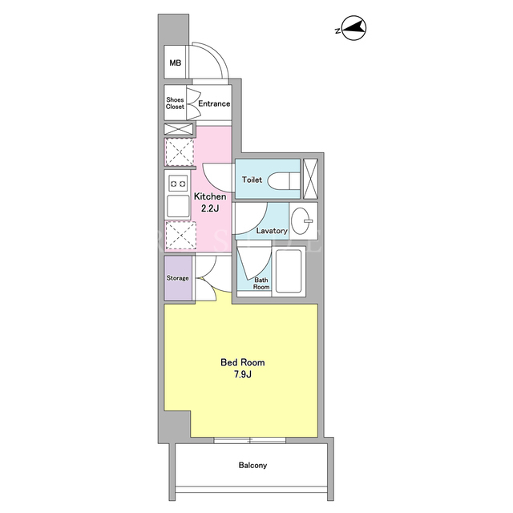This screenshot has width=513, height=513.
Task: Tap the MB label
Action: tap(176, 63)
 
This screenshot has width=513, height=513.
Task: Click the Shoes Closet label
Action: tap(175, 103)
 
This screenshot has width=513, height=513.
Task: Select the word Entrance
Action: tap(214, 103)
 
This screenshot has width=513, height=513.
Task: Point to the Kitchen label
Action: tap(210, 196)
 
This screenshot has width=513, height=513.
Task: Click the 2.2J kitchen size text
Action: tap(210, 208)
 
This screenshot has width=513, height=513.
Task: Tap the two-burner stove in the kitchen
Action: tap(178, 184)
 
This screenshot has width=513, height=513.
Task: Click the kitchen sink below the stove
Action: tap(178, 206)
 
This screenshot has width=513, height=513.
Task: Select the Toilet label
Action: tap(252, 180)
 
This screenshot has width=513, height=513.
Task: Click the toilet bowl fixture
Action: tap(283, 180)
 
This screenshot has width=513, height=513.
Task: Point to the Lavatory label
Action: tap(272, 231)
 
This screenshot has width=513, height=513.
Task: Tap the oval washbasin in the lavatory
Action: tap(301, 221)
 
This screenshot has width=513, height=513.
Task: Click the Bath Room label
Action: tap(261, 283)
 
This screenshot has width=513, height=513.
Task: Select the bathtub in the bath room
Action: tap(289, 271)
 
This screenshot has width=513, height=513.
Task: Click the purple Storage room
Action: tap(178, 278)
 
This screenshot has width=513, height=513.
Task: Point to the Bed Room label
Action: tap(242, 362)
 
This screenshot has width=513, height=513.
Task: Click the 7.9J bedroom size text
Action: tap(242, 374)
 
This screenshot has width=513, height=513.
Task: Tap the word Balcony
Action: tap(252, 465)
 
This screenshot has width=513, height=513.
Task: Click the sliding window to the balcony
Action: tap(249, 440)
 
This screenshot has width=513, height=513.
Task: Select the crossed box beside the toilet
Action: tap(310, 179)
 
